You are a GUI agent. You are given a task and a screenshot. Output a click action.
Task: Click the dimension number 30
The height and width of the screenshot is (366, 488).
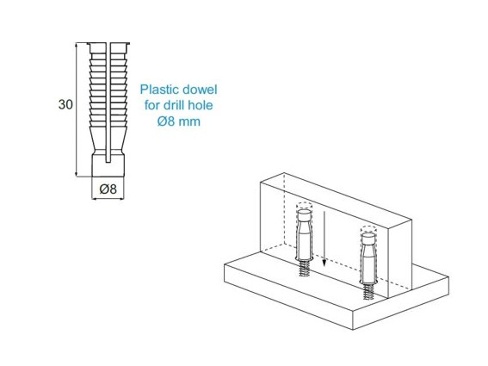tap(65, 104)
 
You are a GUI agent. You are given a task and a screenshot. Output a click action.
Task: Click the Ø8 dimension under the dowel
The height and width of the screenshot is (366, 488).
tap(108, 189)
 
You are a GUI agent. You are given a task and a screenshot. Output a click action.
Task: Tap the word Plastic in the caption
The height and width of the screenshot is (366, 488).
tap(159, 90)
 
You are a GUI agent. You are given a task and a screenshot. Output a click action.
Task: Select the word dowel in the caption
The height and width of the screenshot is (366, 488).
tap(200, 90)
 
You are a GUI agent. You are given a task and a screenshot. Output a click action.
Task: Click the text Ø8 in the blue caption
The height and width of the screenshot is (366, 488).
tap(166, 121)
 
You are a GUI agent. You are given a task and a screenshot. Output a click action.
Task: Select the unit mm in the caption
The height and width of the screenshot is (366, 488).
tap(189, 121)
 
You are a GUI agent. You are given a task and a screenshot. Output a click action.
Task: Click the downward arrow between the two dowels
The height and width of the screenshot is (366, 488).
tap(324, 239)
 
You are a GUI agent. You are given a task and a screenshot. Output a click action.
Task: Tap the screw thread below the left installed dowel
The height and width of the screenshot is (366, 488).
tap(304, 269)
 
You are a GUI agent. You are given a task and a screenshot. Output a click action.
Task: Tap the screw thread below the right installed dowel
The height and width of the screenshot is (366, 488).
tap(368, 292)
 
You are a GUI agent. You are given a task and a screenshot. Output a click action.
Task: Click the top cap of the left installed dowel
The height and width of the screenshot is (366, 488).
tap(305, 215)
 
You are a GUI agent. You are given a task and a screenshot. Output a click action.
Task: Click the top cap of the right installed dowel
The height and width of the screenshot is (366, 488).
tap(368, 238)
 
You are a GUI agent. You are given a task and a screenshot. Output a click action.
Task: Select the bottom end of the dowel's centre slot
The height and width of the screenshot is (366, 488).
tap(108, 162)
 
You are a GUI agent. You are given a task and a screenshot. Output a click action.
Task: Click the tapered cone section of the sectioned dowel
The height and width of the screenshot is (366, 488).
tap(108, 140)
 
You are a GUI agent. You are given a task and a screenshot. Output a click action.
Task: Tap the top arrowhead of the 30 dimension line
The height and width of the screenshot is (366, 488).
tap(77, 46)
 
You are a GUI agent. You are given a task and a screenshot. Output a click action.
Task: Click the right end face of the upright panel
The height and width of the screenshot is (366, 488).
tap(400, 259)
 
